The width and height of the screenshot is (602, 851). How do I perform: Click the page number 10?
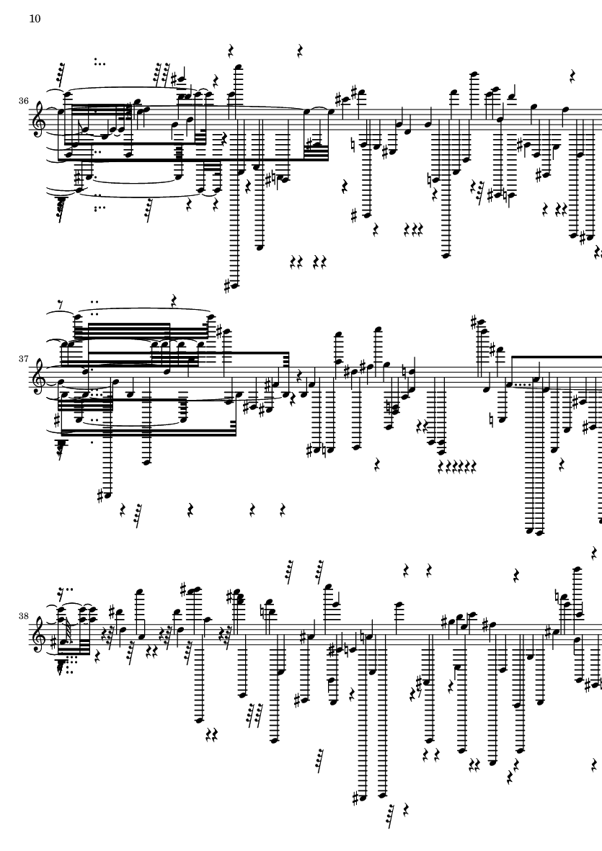pyautogui.click(x=35, y=19)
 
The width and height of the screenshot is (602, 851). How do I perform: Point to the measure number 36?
pyautogui.click(x=23, y=101)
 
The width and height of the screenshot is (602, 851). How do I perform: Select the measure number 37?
pyautogui.click(x=23, y=357)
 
